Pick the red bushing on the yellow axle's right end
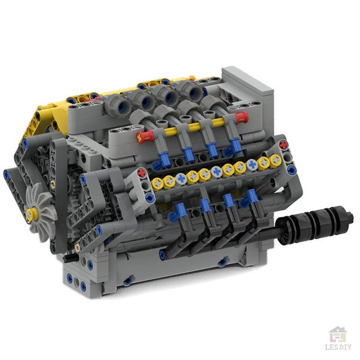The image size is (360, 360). [x=242, y=118]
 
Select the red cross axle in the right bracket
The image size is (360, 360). [x=283, y=146]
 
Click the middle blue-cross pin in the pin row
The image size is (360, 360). [x=216, y=171]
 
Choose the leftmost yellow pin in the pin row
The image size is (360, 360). [x=157, y=182]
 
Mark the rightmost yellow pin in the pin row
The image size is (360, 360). [x=274, y=159]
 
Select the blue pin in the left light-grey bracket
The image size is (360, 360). [x=150, y=197]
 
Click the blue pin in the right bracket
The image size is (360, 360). [x=291, y=169]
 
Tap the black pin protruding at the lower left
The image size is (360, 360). [x=68, y=259]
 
